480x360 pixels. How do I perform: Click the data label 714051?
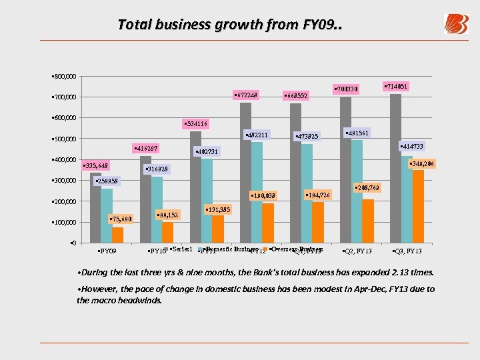tap(397, 87)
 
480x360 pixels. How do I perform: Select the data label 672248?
tap(245, 95)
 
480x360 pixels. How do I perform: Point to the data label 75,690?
tap(120, 219)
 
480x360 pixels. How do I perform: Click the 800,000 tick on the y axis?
tap(65, 76)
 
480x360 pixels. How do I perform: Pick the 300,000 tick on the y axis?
tap(65, 181)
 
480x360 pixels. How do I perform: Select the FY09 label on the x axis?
tap(107, 251)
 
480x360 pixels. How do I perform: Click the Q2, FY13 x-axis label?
tap(357, 251)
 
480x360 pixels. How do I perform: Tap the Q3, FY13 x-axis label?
tap(407, 251)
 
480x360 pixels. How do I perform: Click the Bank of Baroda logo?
tap(456, 24)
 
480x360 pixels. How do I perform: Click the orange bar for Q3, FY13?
tap(418, 206)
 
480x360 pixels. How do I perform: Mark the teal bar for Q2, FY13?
tap(357, 191)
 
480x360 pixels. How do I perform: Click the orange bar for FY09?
tap(118, 235)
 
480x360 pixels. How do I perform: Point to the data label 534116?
tap(195, 124)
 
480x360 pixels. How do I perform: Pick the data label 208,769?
tap(367, 188)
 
